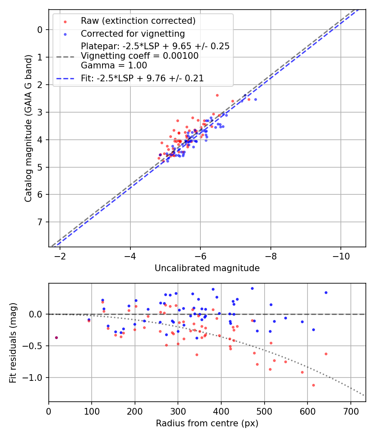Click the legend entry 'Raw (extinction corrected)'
138,21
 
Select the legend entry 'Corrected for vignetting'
132,33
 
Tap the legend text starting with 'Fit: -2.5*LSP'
142,78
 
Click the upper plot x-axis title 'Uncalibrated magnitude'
207,268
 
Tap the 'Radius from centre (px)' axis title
207,423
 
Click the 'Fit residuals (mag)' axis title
13,342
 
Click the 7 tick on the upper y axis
40,222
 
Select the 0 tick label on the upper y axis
40,30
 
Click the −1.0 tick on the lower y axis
35,378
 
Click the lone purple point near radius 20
56,337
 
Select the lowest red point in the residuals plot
313,385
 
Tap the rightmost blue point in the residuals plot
326,292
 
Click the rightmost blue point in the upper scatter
255,99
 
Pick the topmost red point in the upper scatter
217,95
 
